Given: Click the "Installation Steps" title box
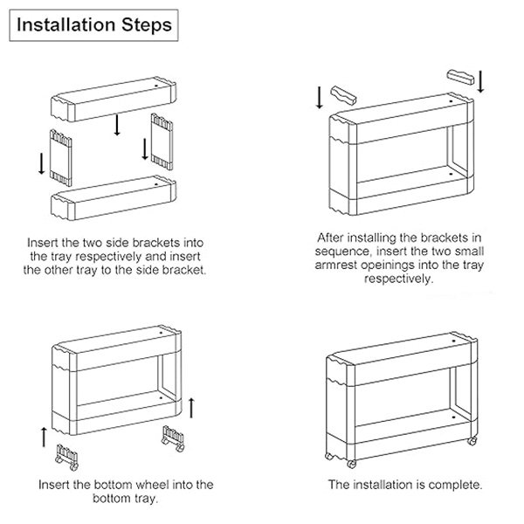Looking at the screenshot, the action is (93, 25).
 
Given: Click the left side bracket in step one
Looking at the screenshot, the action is (60, 158).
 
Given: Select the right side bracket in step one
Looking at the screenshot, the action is (162, 141).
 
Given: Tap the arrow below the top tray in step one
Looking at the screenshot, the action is (117, 125).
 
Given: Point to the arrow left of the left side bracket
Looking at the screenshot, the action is (41, 163).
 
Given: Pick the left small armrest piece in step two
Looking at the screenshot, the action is (343, 95).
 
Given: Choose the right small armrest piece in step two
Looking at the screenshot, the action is (461, 78).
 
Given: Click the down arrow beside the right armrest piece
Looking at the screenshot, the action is (480, 81).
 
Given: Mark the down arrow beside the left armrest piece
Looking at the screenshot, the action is (320, 98).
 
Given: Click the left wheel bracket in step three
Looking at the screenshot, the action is (67, 458).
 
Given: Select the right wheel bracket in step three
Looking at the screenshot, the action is (173, 438).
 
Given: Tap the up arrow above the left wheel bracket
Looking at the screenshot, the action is (44, 438).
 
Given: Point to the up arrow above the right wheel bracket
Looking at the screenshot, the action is (191, 408).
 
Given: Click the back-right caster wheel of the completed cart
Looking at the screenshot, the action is (472, 441).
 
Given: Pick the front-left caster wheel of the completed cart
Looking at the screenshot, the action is (351, 464).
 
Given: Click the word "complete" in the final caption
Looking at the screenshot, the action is (455, 485).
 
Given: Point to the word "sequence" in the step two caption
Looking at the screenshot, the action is (343, 252).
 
